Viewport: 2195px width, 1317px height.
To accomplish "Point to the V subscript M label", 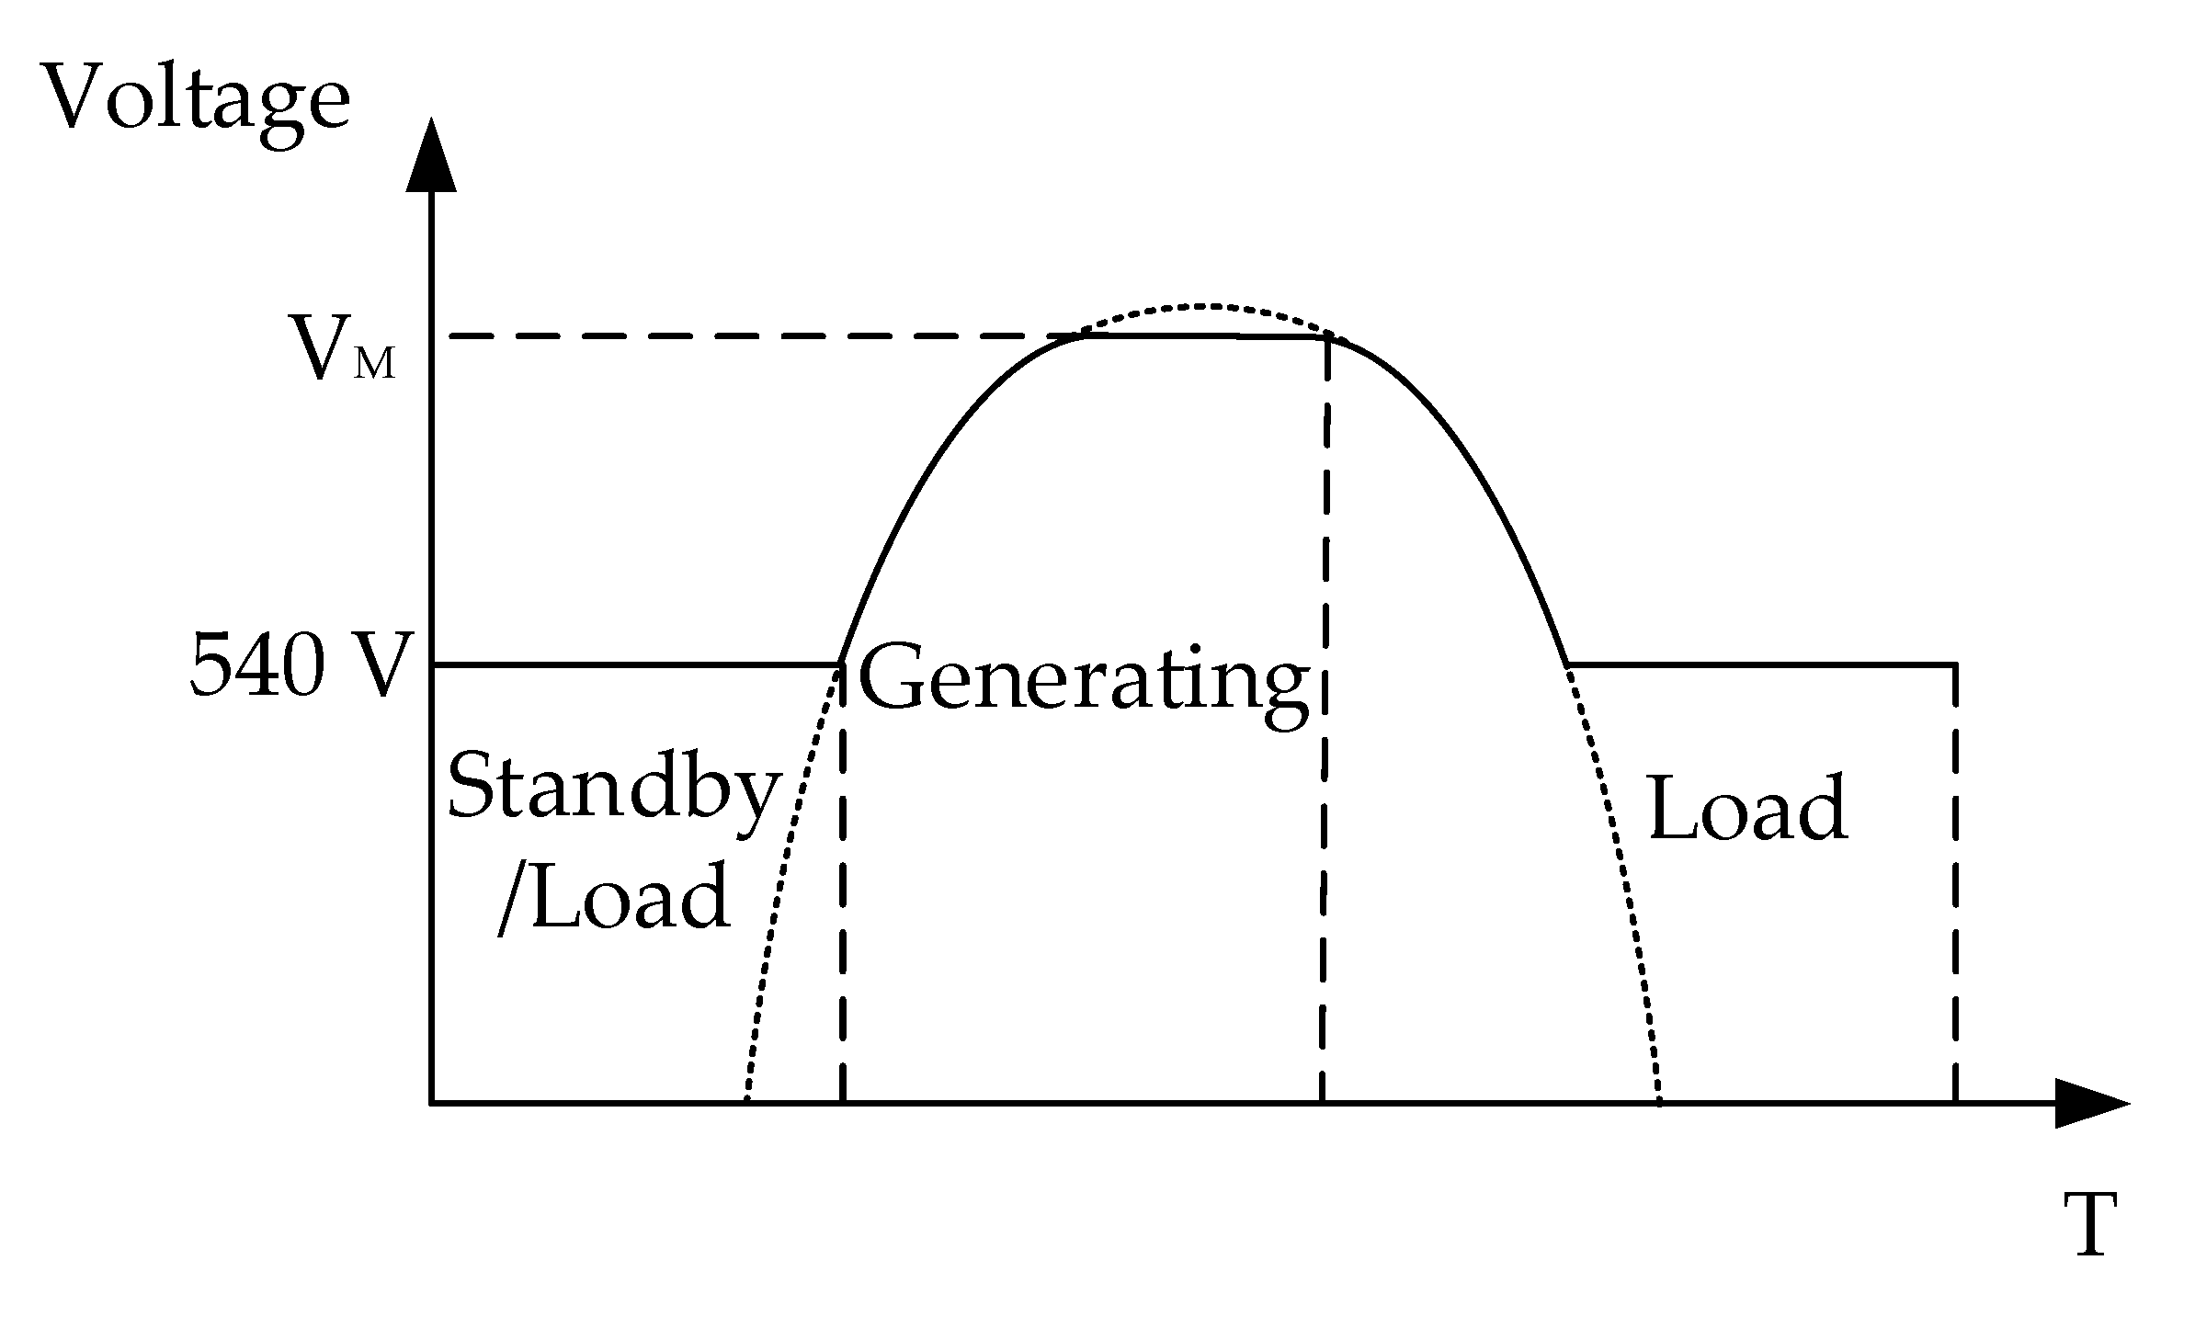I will pos(341,347).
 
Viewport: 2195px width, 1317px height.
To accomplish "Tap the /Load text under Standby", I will pos(614,895).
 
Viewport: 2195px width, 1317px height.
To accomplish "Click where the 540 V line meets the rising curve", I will pos(841,663).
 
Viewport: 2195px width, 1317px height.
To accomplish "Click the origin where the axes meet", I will pos(432,1101).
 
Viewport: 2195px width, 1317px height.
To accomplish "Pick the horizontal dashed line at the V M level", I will pos(754,336).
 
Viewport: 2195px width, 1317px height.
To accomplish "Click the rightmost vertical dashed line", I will pos(1954,882).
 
